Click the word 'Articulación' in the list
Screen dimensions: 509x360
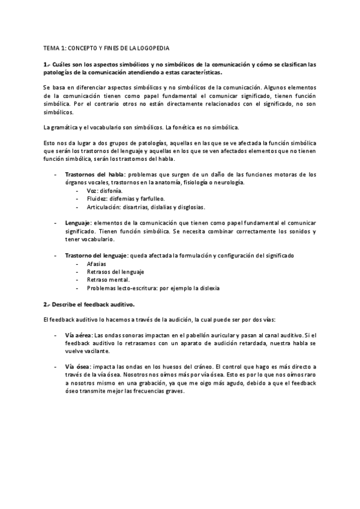click(x=104, y=207)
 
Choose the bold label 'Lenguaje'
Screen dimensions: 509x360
click(x=77, y=223)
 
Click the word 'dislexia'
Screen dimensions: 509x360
click(x=191, y=288)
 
